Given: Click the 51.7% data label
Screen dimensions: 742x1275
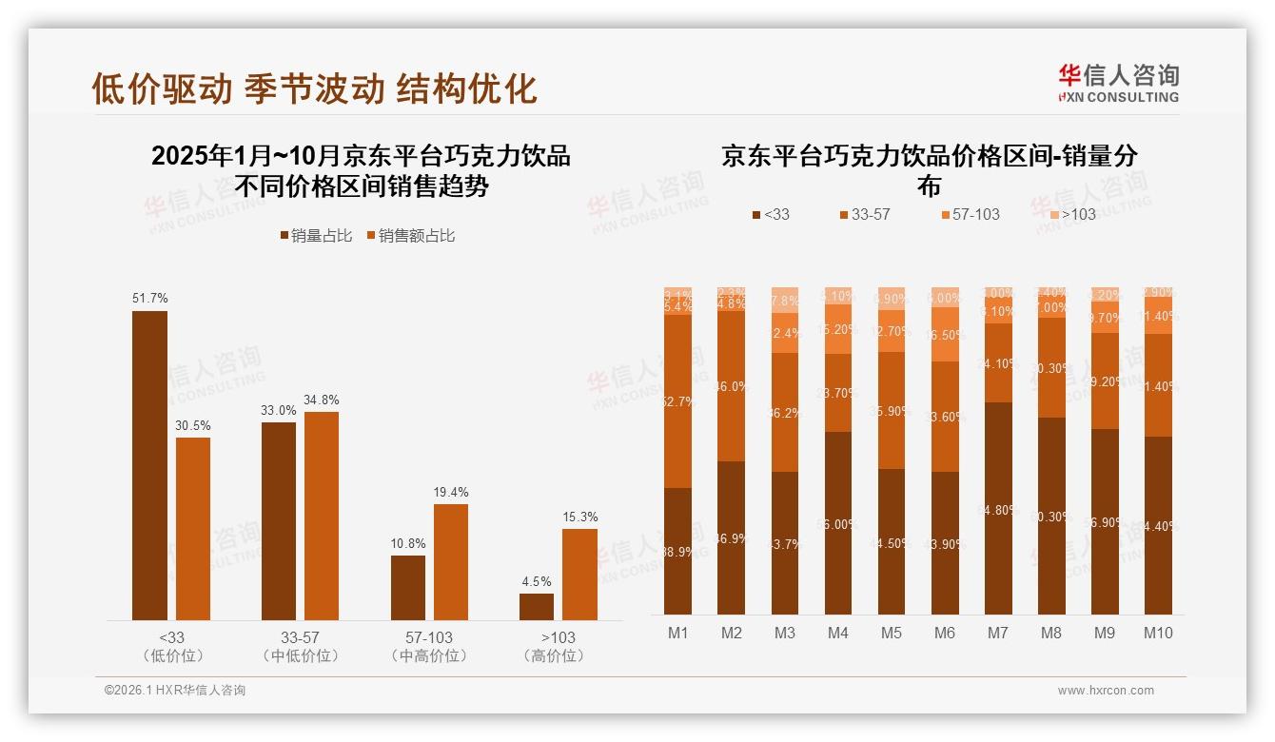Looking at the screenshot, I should pos(149,299).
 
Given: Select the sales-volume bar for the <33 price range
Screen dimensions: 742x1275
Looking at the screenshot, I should pos(149,465).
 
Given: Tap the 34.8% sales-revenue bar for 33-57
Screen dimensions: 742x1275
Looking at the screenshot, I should pos(322,516).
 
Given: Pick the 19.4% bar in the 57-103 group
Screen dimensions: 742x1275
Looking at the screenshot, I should pos(451,561).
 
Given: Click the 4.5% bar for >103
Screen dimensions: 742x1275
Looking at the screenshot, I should pos(537,606).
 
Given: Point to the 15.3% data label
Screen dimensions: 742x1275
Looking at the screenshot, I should pos(579,517).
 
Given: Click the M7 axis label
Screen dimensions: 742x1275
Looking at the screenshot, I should pos(998,634).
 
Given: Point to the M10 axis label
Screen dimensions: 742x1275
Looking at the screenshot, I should pos(1158,634).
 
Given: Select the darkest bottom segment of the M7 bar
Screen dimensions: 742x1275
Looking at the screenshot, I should pos(998,508).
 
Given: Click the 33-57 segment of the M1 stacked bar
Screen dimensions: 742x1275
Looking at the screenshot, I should pos(677,400).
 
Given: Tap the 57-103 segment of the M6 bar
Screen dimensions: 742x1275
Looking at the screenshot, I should pos(945,334).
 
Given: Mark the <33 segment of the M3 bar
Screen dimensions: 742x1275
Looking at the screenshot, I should pos(784,542).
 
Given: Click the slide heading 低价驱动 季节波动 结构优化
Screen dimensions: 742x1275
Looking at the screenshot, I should pos(314,88).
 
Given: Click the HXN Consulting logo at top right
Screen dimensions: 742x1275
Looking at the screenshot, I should pos(1118,83).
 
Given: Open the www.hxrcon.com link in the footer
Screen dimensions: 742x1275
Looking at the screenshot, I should pos(1106,691).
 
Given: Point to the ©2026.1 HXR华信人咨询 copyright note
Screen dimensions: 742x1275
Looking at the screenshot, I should pos(174,691).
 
